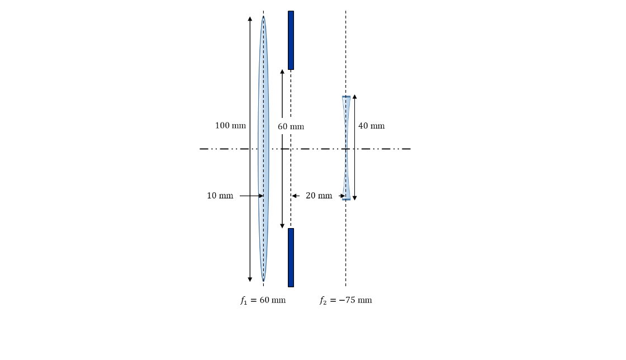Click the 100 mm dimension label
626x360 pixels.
[x=230, y=126]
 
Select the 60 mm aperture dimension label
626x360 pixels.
[x=291, y=127]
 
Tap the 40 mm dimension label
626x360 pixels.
[x=371, y=126]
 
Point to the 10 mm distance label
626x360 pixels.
[x=220, y=196]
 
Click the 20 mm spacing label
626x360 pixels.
[x=319, y=196]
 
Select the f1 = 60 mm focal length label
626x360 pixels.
[x=263, y=300]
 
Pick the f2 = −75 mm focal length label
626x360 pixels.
[x=345, y=300]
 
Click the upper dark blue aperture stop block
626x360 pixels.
[x=291, y=40]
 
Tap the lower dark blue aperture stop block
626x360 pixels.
[x=291, y=257]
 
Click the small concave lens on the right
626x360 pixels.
[x=346, y=148]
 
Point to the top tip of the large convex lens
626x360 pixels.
[x=263, y=17]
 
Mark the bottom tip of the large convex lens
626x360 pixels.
[x=263, y=280]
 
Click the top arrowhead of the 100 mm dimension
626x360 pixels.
[x=250, y=19]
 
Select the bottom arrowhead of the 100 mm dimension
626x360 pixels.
[x=250, y=279]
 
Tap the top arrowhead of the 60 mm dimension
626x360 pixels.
[x=282, y=72]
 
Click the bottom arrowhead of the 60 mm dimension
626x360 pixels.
[x=282, y=226]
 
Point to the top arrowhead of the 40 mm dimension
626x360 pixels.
[x=354, y=97]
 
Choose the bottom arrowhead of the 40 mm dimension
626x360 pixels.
[x=354, y=198]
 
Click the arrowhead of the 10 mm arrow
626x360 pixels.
[x=260, y=196]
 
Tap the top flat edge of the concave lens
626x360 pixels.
[x=346, y=97]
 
